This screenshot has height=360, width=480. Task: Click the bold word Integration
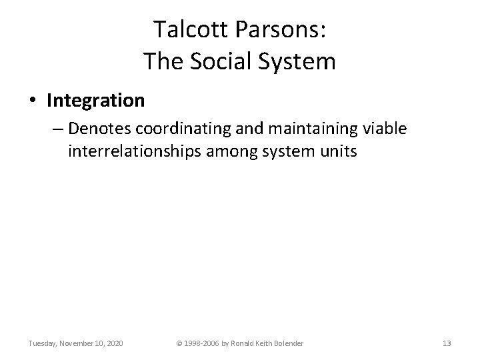pyautogui.click(x=95, y=101)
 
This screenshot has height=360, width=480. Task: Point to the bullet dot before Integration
pyautogui.click(x=33, y=101)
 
